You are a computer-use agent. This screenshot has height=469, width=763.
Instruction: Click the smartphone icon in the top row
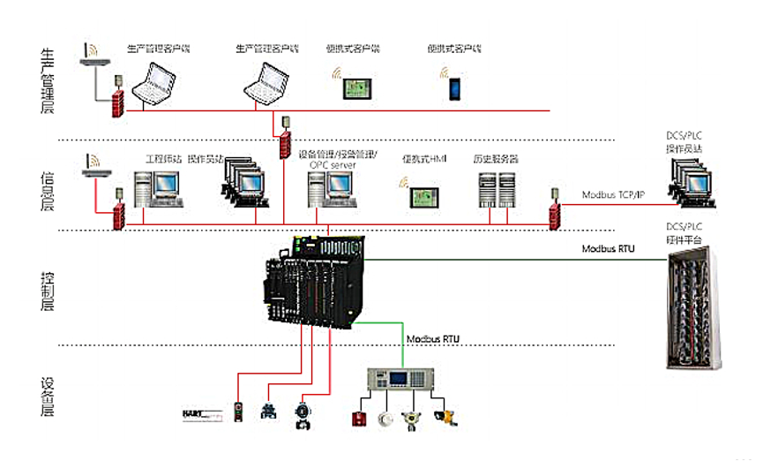(455, 88)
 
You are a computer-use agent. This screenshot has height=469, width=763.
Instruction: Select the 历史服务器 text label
(495, 159)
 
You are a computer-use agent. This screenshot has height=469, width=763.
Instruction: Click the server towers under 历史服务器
(495, 189)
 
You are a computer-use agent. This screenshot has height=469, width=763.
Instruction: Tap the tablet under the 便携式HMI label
(424, 196)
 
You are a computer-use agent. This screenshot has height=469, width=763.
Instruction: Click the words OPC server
(332, 165)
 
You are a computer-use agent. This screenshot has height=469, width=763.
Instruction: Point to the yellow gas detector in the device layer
(449, 416)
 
